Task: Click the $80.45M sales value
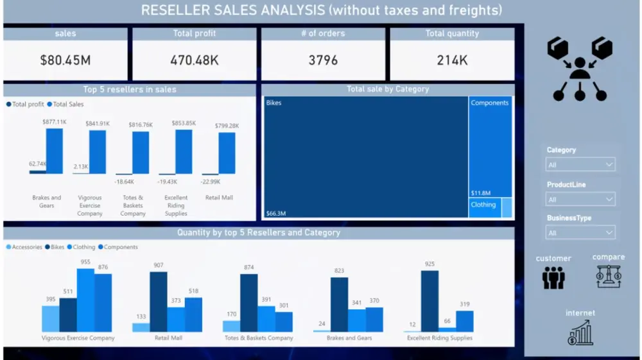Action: click(x=65, y=60)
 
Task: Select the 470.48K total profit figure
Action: click(x=195, y=60)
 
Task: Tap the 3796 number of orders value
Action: click(x=323, y=60)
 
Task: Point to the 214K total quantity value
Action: click(x=452, y=60)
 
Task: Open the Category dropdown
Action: click(x=580, y=165)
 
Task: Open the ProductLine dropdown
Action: click(x=580, y=200)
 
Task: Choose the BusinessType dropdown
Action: click(x=580, y=233)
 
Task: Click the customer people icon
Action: click(x=553, y=277)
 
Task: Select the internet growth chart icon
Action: click(x=580, y=333)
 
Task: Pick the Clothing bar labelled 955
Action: click(x=85, y=300)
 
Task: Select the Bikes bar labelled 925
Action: click(x=429, y=301)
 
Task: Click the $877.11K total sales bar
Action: click(x=55, y=151)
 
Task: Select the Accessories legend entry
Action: click(x=26, y=247)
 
